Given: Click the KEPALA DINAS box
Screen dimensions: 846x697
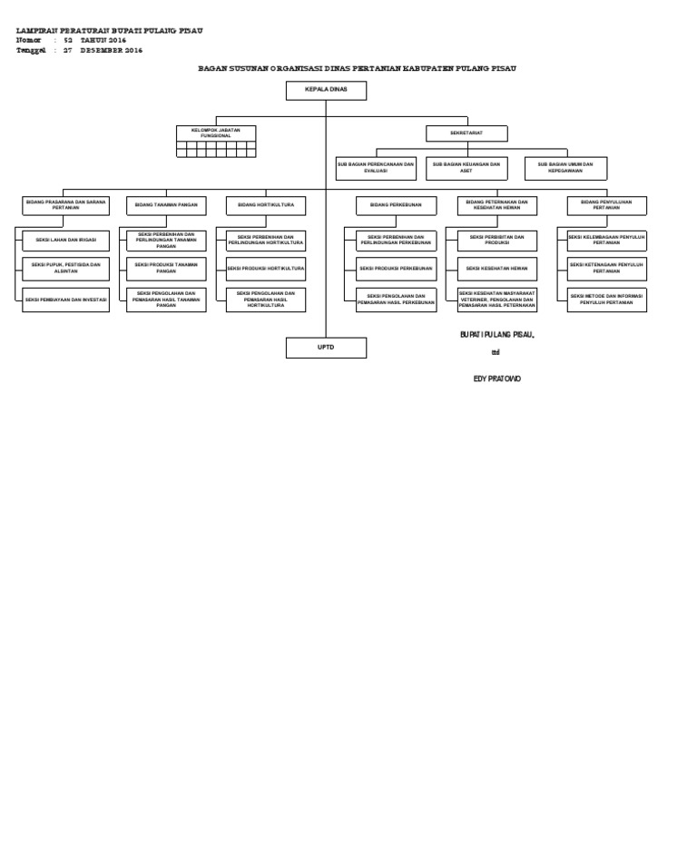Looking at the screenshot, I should pyautogui.click(x=326, y=91).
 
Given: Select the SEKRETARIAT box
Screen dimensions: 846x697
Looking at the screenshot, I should pyautogui.click(x=466, y=133).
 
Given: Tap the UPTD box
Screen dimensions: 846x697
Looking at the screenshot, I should pyautogui.click(x=326, y=348).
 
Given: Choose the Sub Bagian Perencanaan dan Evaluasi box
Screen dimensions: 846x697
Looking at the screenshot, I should pyautogui.click(x=376, y=168).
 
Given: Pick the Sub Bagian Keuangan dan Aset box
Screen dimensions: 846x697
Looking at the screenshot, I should pyautogui.click(x=466, y=168).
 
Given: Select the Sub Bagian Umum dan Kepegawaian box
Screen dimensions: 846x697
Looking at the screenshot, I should pyautogui.click(x=565, y=168).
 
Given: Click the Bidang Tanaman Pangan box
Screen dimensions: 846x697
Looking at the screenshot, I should pyautogui.click(x=166, y=206).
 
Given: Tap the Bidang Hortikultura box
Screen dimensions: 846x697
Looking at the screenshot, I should pyautogui.click(x=266, y=206).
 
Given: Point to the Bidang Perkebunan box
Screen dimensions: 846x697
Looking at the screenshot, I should pyautogui.click(x=396, y=206).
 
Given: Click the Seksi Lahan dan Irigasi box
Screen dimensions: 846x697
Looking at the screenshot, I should pyautogui.click(x=65, y=241).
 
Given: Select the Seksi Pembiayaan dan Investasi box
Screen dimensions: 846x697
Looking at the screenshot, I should pyautogui.click(x=65, y=300).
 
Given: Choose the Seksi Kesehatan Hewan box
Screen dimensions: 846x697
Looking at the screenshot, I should pyautogui.click(x=496, y=269).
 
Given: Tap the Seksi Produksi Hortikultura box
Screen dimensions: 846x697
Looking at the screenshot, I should pyautogui.click(x=266, y=269).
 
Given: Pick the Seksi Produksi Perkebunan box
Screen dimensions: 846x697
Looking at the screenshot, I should pyautogui.click(x=396, y=269).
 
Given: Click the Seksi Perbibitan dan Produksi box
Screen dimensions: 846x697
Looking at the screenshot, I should pyautogui.click(x=496, y=241).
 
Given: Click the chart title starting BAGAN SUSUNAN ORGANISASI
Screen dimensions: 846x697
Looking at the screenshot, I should pyautogui.click(x=357, y=68).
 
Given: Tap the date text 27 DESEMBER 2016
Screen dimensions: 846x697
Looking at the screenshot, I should pyautogui.click(x=103, y=51).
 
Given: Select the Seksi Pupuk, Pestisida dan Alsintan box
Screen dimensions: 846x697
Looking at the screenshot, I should pyautogui.click(x=65, y=269).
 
